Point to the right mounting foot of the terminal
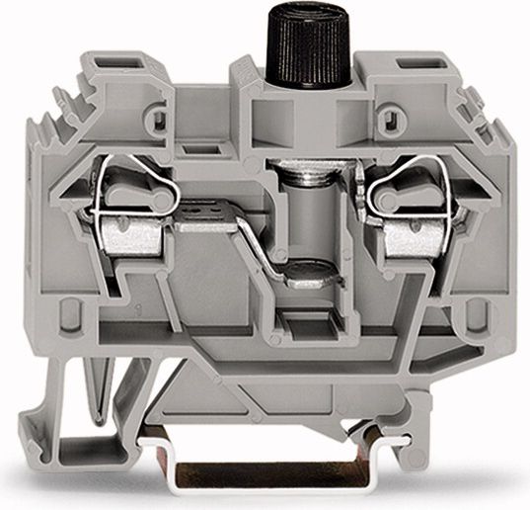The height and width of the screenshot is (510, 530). click(x=464, y=435)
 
